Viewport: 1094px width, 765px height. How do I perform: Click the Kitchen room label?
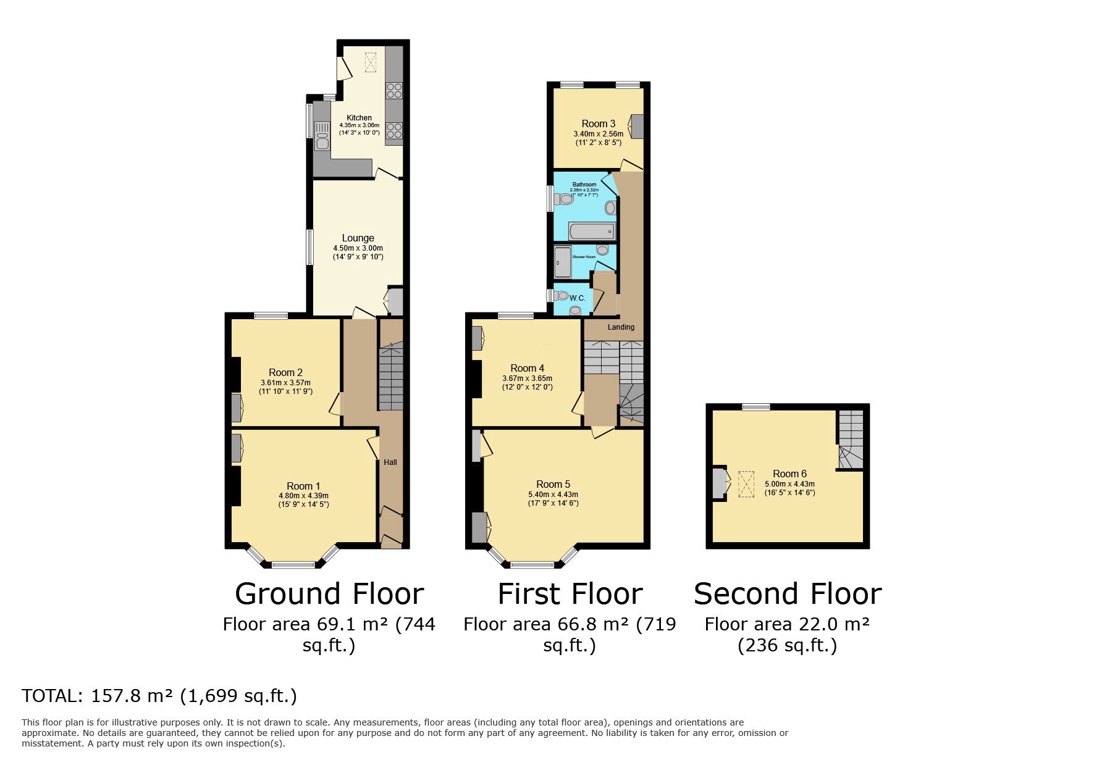(359, 117)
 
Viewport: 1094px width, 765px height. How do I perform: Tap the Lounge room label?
(358, 238)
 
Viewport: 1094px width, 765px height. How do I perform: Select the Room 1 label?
(303, 486)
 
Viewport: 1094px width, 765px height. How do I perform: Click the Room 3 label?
(598, 123)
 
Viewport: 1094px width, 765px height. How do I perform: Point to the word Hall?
(390, 462)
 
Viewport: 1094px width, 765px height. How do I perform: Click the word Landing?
(621, 327)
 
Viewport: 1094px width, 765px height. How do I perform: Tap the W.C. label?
(577, 298)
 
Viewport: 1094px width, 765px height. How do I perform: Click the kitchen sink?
(322, 136)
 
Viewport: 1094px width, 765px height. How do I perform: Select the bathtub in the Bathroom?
(592, 232)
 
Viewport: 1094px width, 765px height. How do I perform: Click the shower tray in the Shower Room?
(562, 262)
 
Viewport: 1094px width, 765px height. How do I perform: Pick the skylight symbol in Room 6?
(747, 484)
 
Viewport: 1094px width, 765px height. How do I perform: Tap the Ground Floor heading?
(329, 593)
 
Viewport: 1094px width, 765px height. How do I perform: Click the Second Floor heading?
(787, 593)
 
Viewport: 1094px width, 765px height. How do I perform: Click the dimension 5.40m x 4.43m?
(553, 495)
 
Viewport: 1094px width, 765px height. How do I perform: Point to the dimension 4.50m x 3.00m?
(358, 248)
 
